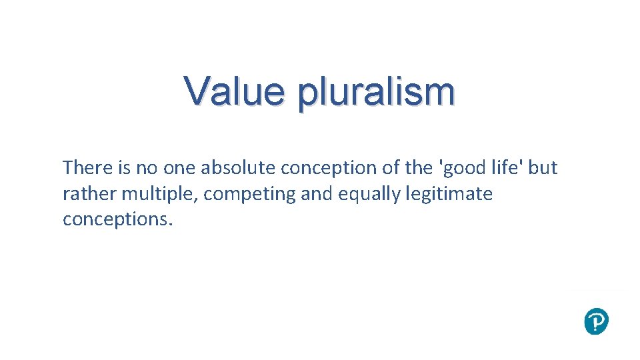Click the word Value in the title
pyautogui.click(x=236, y=91)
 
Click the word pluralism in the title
pyautogui.click(x=377, y=93)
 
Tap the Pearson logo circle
pyautogui.click(x=595, y=321)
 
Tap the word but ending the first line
pyautogui.click(x=543, y=168)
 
